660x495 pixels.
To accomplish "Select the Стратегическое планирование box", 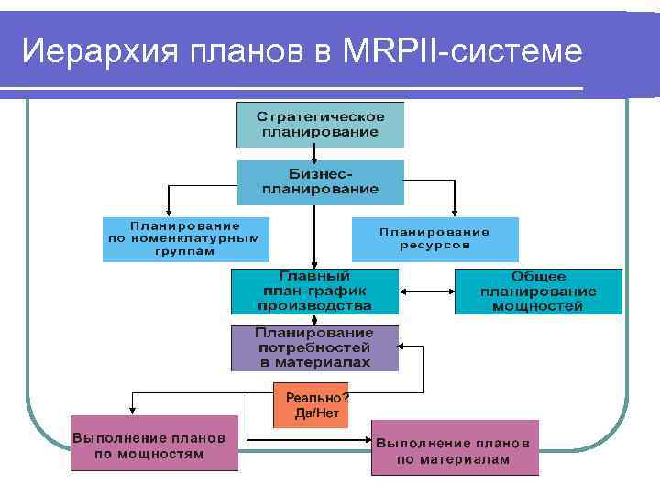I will (x=320, y=125).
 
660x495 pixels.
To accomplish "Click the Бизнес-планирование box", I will (x=320, y=181).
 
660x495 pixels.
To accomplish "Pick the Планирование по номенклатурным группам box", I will (x=185, y=238).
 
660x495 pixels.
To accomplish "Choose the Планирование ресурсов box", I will (x=434, y=238).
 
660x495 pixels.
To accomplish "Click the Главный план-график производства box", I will (x=314, y=291).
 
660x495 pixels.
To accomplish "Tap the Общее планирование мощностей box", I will (x=538, y=291).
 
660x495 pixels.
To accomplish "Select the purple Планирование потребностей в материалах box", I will (x=314, y=347).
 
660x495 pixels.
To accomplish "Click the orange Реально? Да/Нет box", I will (x=311, y=406).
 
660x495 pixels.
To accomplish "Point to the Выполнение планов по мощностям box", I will (x=155, y=445).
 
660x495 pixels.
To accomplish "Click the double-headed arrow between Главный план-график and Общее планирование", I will (x=426, y=291).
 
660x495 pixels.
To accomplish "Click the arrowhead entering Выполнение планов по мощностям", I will (x=132, y=412).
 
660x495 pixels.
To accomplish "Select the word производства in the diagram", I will (x=314, y=305).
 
